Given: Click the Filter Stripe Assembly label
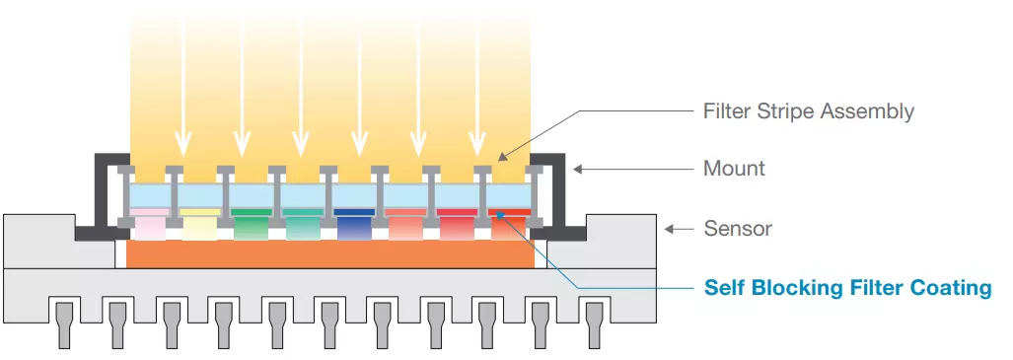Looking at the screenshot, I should point(808,111).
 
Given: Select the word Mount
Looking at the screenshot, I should point(734,169).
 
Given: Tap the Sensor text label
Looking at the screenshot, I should point(737,229).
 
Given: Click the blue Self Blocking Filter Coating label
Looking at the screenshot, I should point(847,288).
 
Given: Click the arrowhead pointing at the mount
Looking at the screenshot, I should point(579,169).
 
